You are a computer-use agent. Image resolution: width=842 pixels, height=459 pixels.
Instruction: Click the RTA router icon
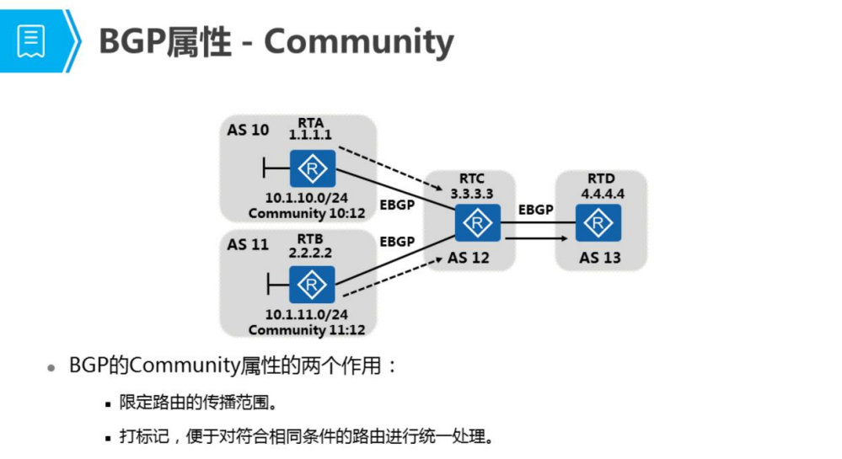point(312,169)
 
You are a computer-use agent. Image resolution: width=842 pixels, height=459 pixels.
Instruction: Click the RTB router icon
point(312,285)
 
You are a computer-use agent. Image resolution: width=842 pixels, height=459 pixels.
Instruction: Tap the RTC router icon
point(477,221)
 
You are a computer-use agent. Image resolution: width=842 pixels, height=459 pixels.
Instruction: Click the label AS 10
point(248,130)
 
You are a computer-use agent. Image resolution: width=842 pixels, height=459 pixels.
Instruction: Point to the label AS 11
point(248,244)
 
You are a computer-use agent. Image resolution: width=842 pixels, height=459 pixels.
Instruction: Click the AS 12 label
point(469,258)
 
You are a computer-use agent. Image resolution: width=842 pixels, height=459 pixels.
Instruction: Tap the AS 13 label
point(600,258)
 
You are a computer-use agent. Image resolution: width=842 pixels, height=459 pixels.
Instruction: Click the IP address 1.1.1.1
point(311,135)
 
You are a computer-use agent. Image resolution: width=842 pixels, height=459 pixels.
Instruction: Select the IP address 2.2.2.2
point(311,251)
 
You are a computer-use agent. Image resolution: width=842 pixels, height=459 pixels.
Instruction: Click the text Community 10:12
point(307,213)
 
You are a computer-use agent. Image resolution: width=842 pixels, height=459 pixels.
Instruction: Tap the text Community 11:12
point(307,329)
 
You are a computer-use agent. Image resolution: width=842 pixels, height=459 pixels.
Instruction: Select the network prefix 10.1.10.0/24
point(306,199)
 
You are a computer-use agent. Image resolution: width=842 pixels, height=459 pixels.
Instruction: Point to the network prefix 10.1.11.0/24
point(306,315)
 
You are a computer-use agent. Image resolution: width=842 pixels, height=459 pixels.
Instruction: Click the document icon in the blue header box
point(30,40)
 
